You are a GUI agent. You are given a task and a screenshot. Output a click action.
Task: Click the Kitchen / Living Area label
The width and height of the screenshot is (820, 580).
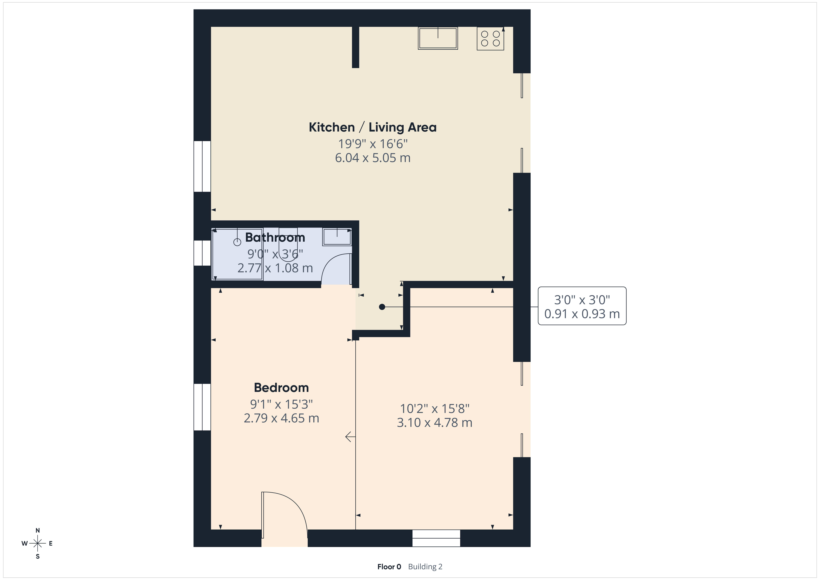pos(372,127)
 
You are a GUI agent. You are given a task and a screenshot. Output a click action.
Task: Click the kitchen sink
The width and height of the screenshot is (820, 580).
pos(438,38)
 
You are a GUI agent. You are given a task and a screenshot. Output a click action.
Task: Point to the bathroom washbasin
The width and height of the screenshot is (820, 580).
pos(337,237)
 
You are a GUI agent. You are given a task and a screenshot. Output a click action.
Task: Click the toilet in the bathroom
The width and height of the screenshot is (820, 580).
pos(288,239)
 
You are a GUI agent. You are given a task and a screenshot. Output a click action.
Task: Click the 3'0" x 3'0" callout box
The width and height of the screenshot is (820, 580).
pos(582,306)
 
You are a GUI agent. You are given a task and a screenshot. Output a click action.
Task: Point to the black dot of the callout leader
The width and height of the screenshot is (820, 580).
pos(382,307)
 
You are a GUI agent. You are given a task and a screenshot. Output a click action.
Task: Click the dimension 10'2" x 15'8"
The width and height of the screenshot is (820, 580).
pos(435,408)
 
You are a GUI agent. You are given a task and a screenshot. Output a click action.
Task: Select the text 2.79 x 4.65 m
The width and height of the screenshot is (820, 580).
pos(281,418)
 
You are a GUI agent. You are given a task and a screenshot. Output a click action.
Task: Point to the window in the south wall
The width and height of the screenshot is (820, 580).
pos(436,538)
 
